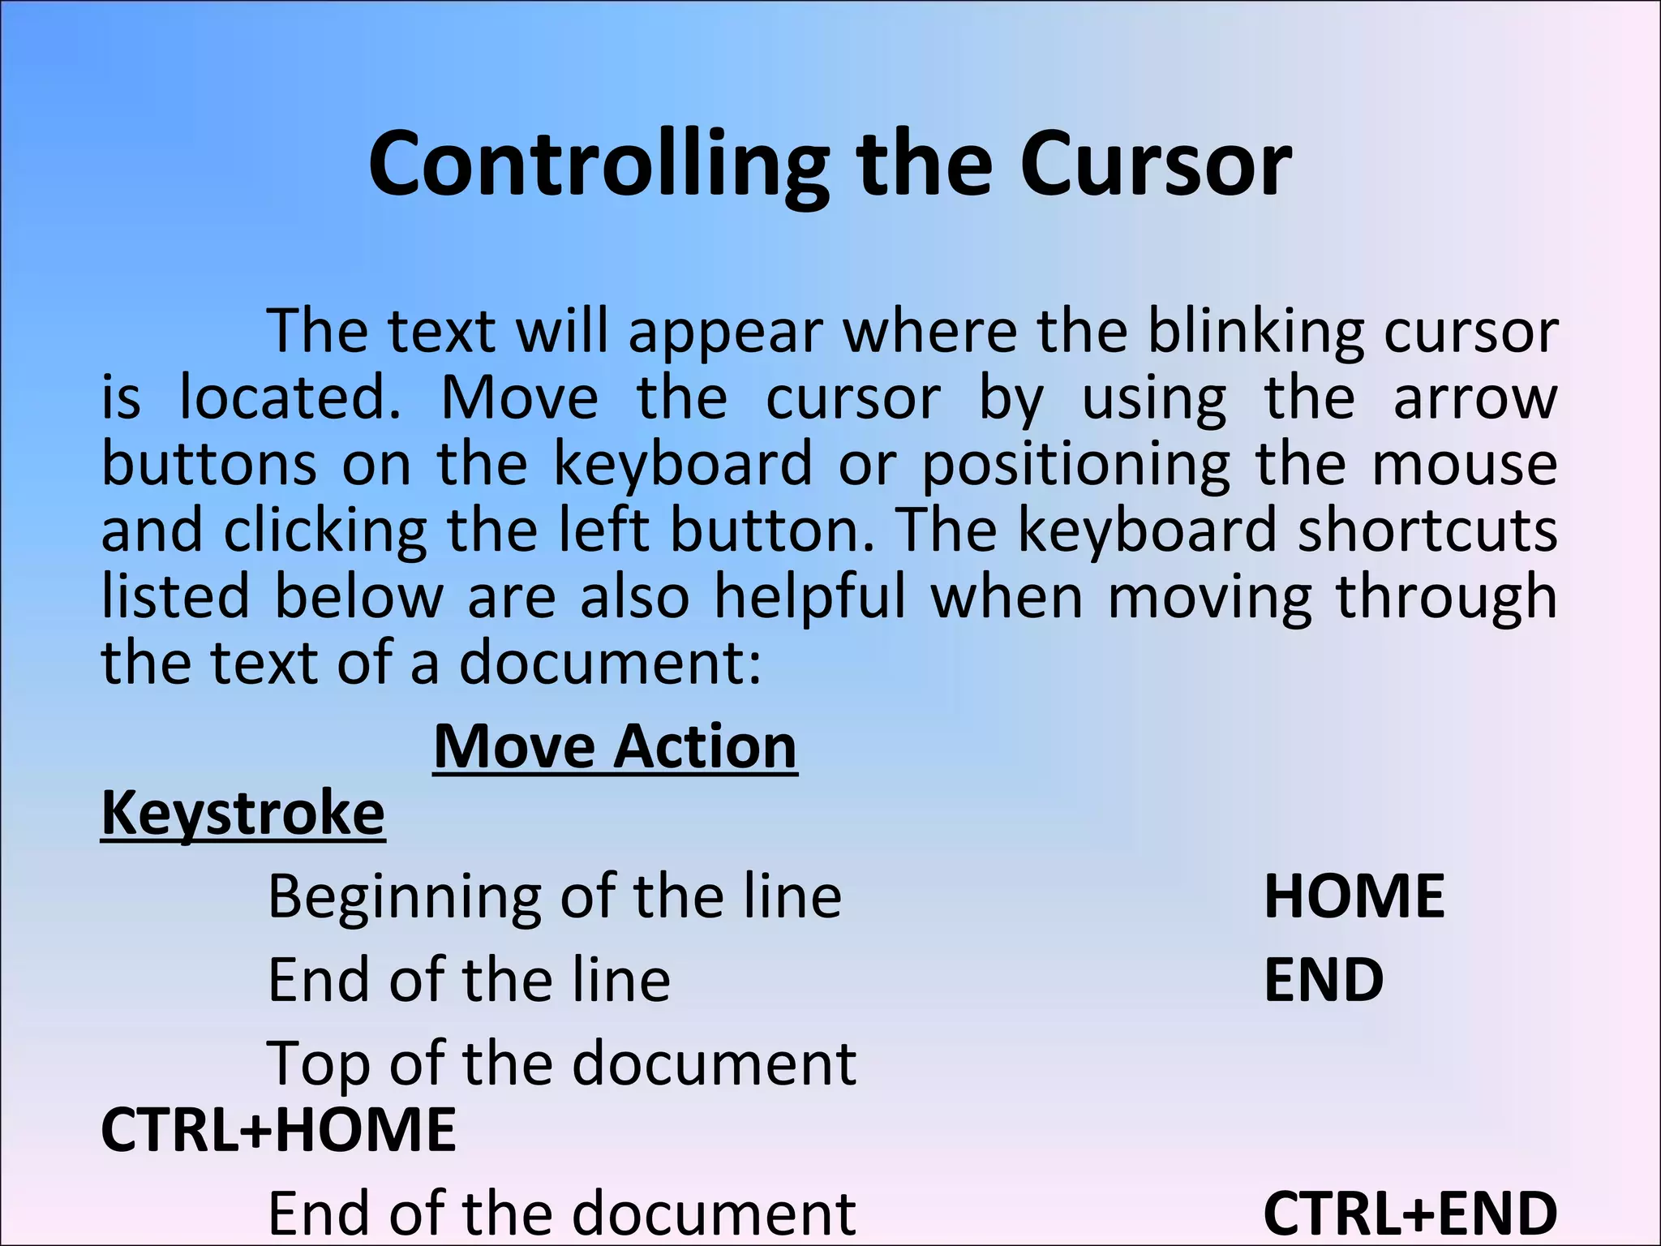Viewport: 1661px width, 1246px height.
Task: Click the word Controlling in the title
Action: [599, 165]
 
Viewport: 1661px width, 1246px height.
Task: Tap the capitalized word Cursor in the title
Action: [1155, 165]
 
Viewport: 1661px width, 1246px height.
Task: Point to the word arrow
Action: [1474, 398]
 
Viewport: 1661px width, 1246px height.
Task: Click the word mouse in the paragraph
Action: [1464, 465]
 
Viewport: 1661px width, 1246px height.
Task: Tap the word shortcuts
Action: [1427, 531]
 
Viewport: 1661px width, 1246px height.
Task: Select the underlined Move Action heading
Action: [615, 747]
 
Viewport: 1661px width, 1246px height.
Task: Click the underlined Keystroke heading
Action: [242, 814]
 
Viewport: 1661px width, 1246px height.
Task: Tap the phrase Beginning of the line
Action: [555, 897]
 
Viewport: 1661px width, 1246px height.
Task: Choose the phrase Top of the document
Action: [561, 1063]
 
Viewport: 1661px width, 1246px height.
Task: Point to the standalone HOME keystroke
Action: [1354, 897]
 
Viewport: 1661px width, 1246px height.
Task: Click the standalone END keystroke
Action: [1324, 980]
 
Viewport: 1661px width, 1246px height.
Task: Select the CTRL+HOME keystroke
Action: [278, 1129]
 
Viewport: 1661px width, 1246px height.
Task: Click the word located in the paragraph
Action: [290, 398]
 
